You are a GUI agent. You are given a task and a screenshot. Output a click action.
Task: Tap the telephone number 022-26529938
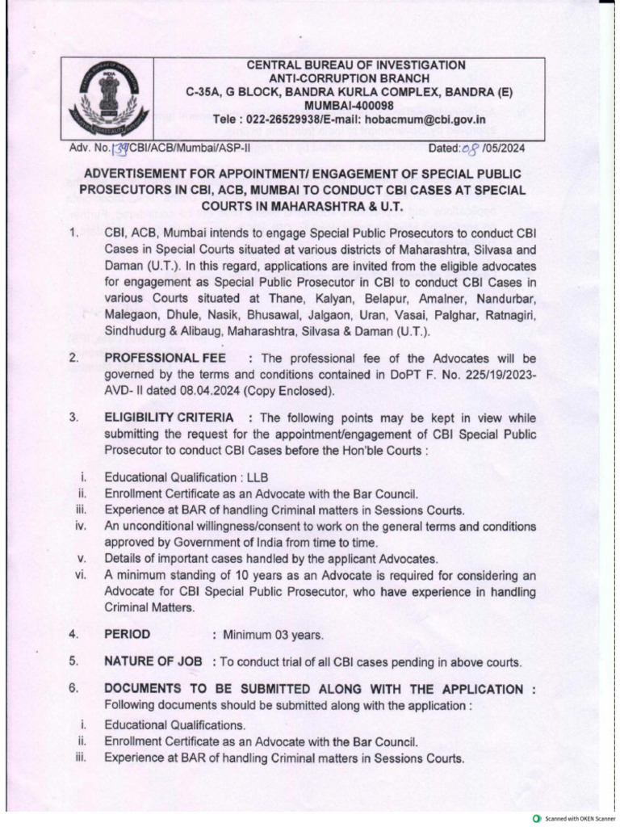pyautogui.click(x=286, y=119)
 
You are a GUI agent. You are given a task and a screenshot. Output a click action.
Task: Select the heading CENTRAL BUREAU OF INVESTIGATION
pyautogui.click(x=355, y=65)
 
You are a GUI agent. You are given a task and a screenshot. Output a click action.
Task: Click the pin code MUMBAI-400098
pyautogui.click(x=356, y=105)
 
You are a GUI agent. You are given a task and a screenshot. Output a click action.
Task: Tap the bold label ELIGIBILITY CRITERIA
pyautogui.click(x=170, y=418)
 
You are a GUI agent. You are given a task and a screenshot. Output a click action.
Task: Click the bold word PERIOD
pyautogui.click(x=128, y=634)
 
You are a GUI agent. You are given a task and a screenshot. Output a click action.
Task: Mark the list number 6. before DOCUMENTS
pyautogui.click(x=73, y=689)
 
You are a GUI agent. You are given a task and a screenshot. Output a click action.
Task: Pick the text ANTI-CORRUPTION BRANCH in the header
pyautogui.click(x=355, y=78)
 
